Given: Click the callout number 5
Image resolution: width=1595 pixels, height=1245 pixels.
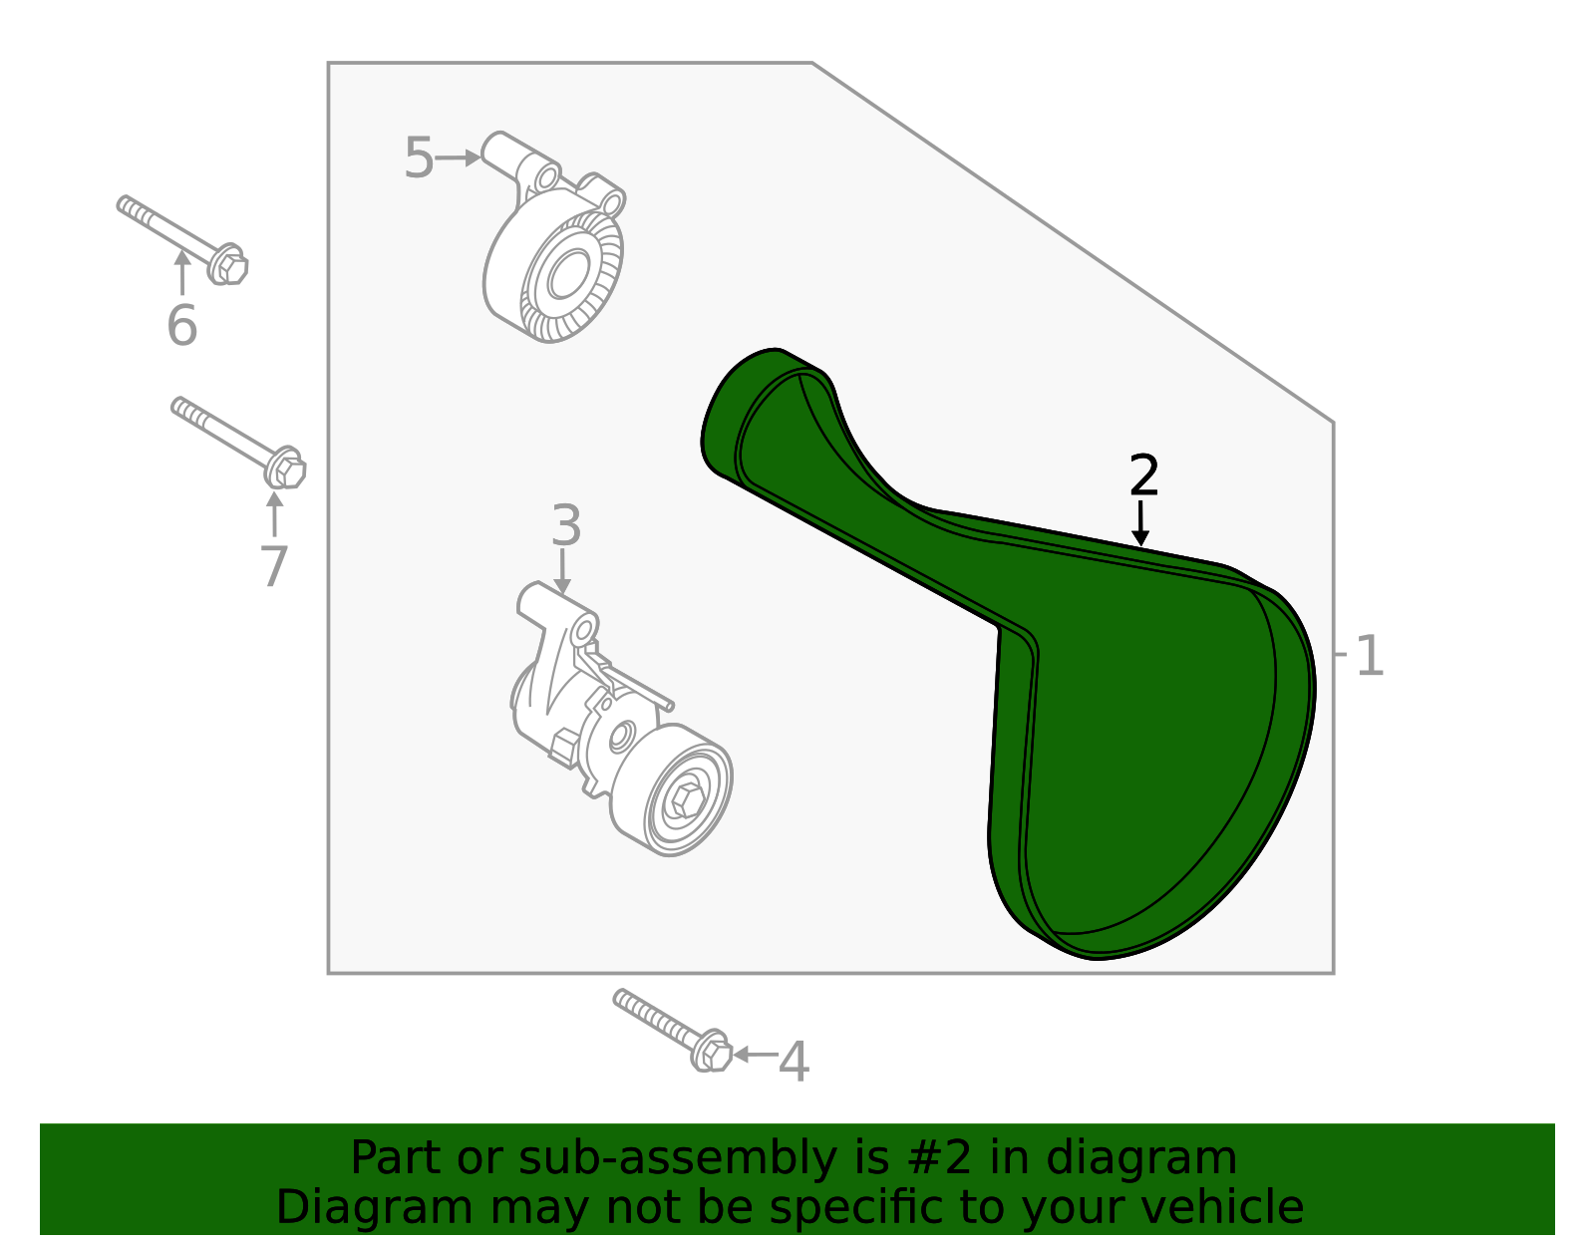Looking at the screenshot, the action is coord(419,157).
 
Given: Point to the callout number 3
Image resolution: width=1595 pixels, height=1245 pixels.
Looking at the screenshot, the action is coord(566,525).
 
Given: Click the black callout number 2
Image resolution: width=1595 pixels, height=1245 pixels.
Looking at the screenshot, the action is coord(1143,474).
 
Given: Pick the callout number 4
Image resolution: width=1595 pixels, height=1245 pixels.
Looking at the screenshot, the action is coord(794,1062).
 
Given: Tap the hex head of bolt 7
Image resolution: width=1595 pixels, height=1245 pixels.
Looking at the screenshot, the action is coord(287,468).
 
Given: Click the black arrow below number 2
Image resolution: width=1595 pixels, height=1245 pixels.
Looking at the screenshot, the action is coord(1139,524).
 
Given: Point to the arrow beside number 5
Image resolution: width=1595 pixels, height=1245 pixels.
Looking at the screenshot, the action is coord(458,157).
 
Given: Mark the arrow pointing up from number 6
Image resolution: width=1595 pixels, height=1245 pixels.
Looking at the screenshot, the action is coord(182,272).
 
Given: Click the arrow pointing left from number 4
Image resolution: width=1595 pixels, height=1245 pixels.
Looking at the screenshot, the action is coord(756,1055).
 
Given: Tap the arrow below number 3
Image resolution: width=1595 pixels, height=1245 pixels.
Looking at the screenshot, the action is coord(562,571).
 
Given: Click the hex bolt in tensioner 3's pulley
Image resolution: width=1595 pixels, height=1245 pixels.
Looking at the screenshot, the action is coord(686,799).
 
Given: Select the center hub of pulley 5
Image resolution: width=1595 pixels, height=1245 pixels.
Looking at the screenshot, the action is coord(569,274).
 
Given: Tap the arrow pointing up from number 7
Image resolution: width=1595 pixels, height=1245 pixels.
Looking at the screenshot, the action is coord(274,514).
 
